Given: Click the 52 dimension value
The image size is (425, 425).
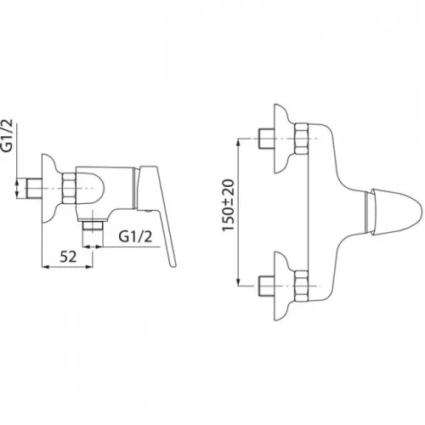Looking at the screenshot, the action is coord(68,257).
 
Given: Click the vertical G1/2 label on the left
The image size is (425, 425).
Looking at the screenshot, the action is coord(9,135).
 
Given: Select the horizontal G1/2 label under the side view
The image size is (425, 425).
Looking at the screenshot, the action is coord(135,236).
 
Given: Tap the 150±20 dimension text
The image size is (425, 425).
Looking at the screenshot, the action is coord(229,205).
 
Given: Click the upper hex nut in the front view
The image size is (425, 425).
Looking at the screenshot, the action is coord(301,139).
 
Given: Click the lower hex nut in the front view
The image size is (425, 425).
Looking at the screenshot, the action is coord(301,286).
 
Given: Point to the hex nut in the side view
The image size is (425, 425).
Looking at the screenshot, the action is coord(69,188).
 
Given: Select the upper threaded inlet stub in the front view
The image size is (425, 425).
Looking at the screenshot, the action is coord(266,139).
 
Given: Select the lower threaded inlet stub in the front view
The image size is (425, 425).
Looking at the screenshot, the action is coord(266,286).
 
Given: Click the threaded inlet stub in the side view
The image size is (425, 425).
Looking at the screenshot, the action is coord(34,189).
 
